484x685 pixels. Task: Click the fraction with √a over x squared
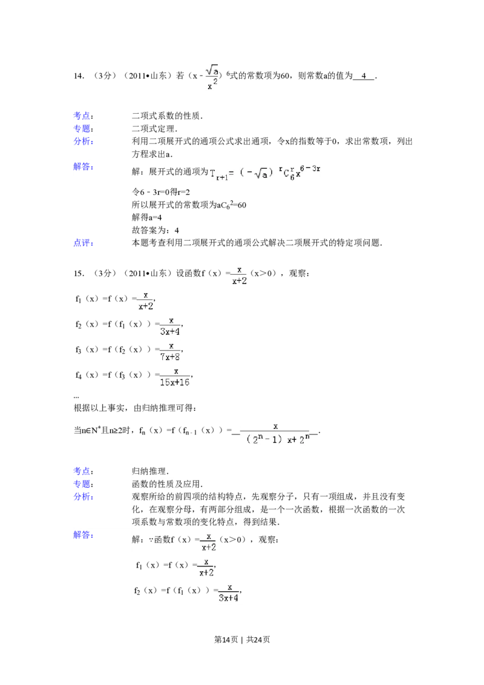212,78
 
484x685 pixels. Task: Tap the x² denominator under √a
212,85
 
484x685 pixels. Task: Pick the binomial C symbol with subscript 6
290,175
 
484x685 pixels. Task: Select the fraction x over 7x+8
171,352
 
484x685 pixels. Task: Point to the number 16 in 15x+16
183,382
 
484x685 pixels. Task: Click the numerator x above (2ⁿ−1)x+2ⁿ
275,426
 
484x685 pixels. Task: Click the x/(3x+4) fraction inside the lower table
229,592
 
